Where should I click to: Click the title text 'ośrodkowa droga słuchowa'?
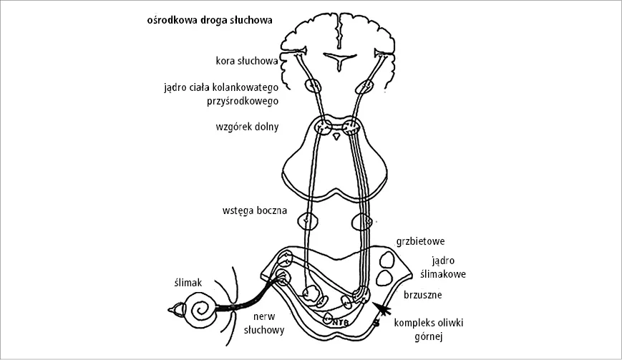[x=208, y=20]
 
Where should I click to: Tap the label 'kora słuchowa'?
[x=247, y=61]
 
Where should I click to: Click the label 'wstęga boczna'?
[x=254, y=211]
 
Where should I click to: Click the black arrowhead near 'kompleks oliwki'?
[x=385, y=309]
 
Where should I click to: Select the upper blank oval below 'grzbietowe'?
[x=389, y=258]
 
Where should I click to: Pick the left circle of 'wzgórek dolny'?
[x=324, y=130]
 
